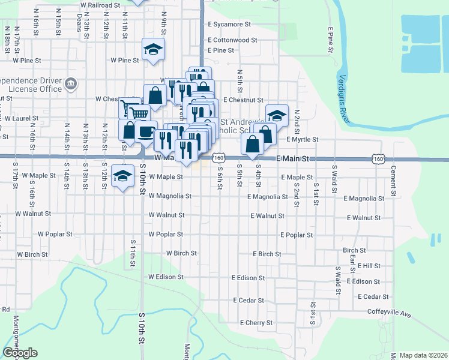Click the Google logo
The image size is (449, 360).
point(20,353)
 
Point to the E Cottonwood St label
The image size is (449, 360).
point(232,40)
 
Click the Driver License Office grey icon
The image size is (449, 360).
point(71,83)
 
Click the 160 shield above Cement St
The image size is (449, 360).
point(378,158)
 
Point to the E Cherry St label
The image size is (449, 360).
point(256,323)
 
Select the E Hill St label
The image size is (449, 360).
point(369,265)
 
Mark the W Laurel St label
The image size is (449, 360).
point(21,119)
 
